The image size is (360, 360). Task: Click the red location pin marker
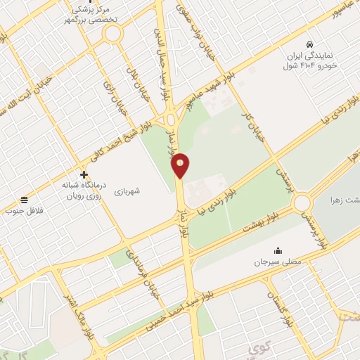(181, 165)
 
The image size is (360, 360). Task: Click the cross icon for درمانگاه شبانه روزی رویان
(84, 174)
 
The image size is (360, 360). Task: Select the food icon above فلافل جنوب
(25, 200)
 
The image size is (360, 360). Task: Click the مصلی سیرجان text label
(277, 262)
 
